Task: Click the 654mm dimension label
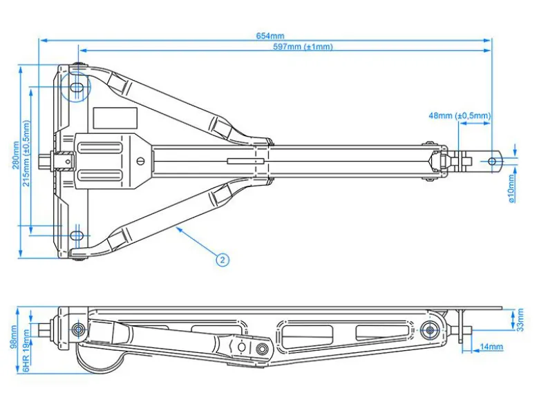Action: (x=270, y=36)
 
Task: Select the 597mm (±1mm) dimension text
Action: (x=303, y=46)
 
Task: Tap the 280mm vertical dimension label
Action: (x=16, y=155)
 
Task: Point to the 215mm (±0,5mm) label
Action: (x=26, y=153)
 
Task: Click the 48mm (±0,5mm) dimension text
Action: (x=460, y=116)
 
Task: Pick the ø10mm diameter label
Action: (x=511, y=189)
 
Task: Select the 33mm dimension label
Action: (x=520, y=320)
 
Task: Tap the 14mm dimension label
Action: (x=491, y=347)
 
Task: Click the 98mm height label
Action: (x=14, y=337)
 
